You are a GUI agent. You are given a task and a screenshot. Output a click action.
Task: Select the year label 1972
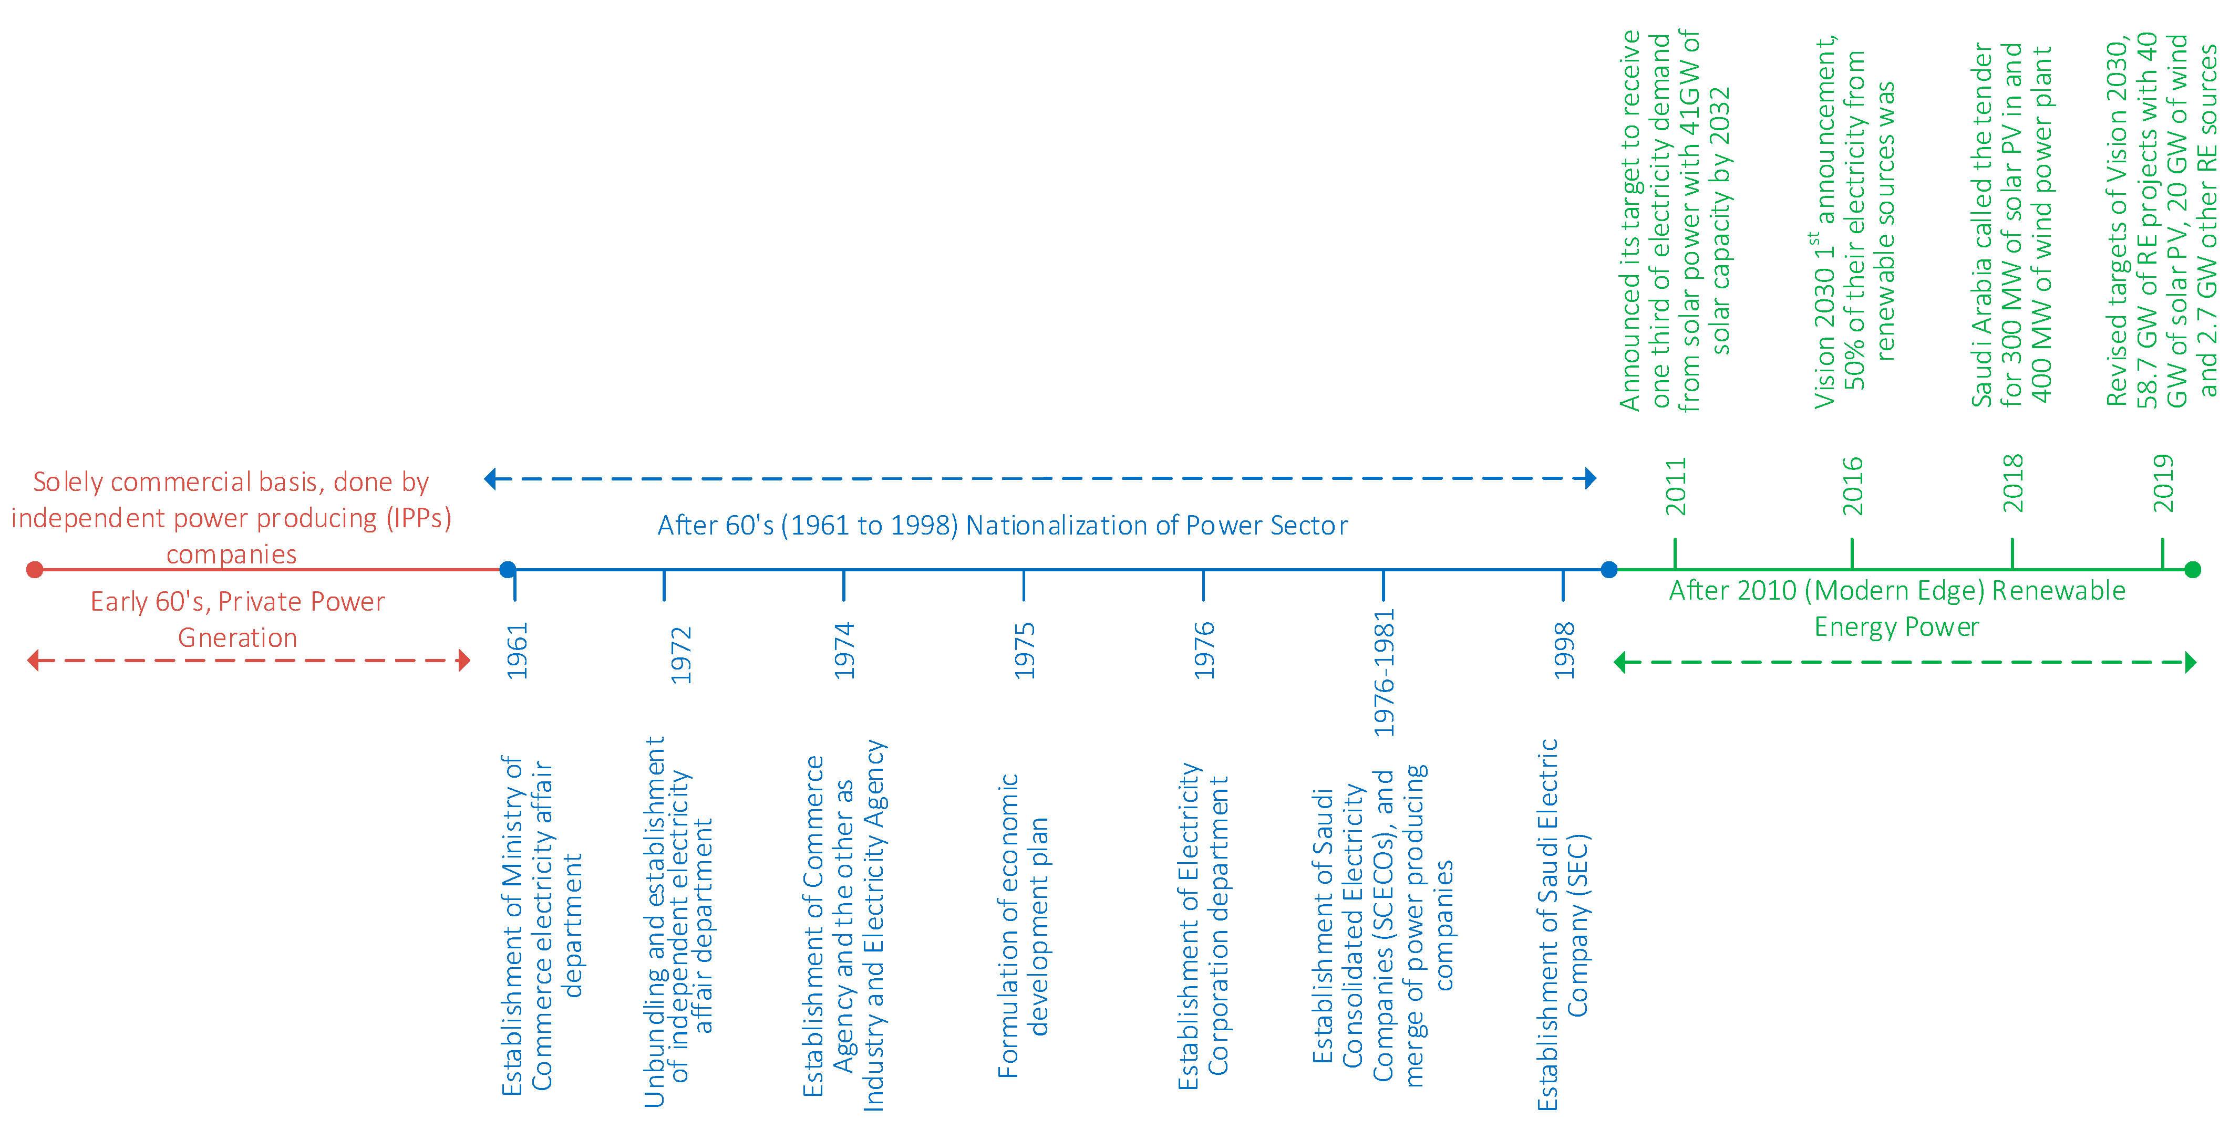click(681, 655)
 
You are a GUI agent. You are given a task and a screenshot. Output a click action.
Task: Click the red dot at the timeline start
click(35, 569)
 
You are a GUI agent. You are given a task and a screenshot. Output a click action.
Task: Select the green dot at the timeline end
click(2192, 569)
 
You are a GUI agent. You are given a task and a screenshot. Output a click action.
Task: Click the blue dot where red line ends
click(508, 569)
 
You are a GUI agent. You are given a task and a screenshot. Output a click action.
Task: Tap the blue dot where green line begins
click(1609, 569)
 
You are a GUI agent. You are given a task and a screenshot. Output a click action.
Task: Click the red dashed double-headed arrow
click(249, 661)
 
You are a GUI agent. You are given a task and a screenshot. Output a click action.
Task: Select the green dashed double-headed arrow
click(1904, 662)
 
